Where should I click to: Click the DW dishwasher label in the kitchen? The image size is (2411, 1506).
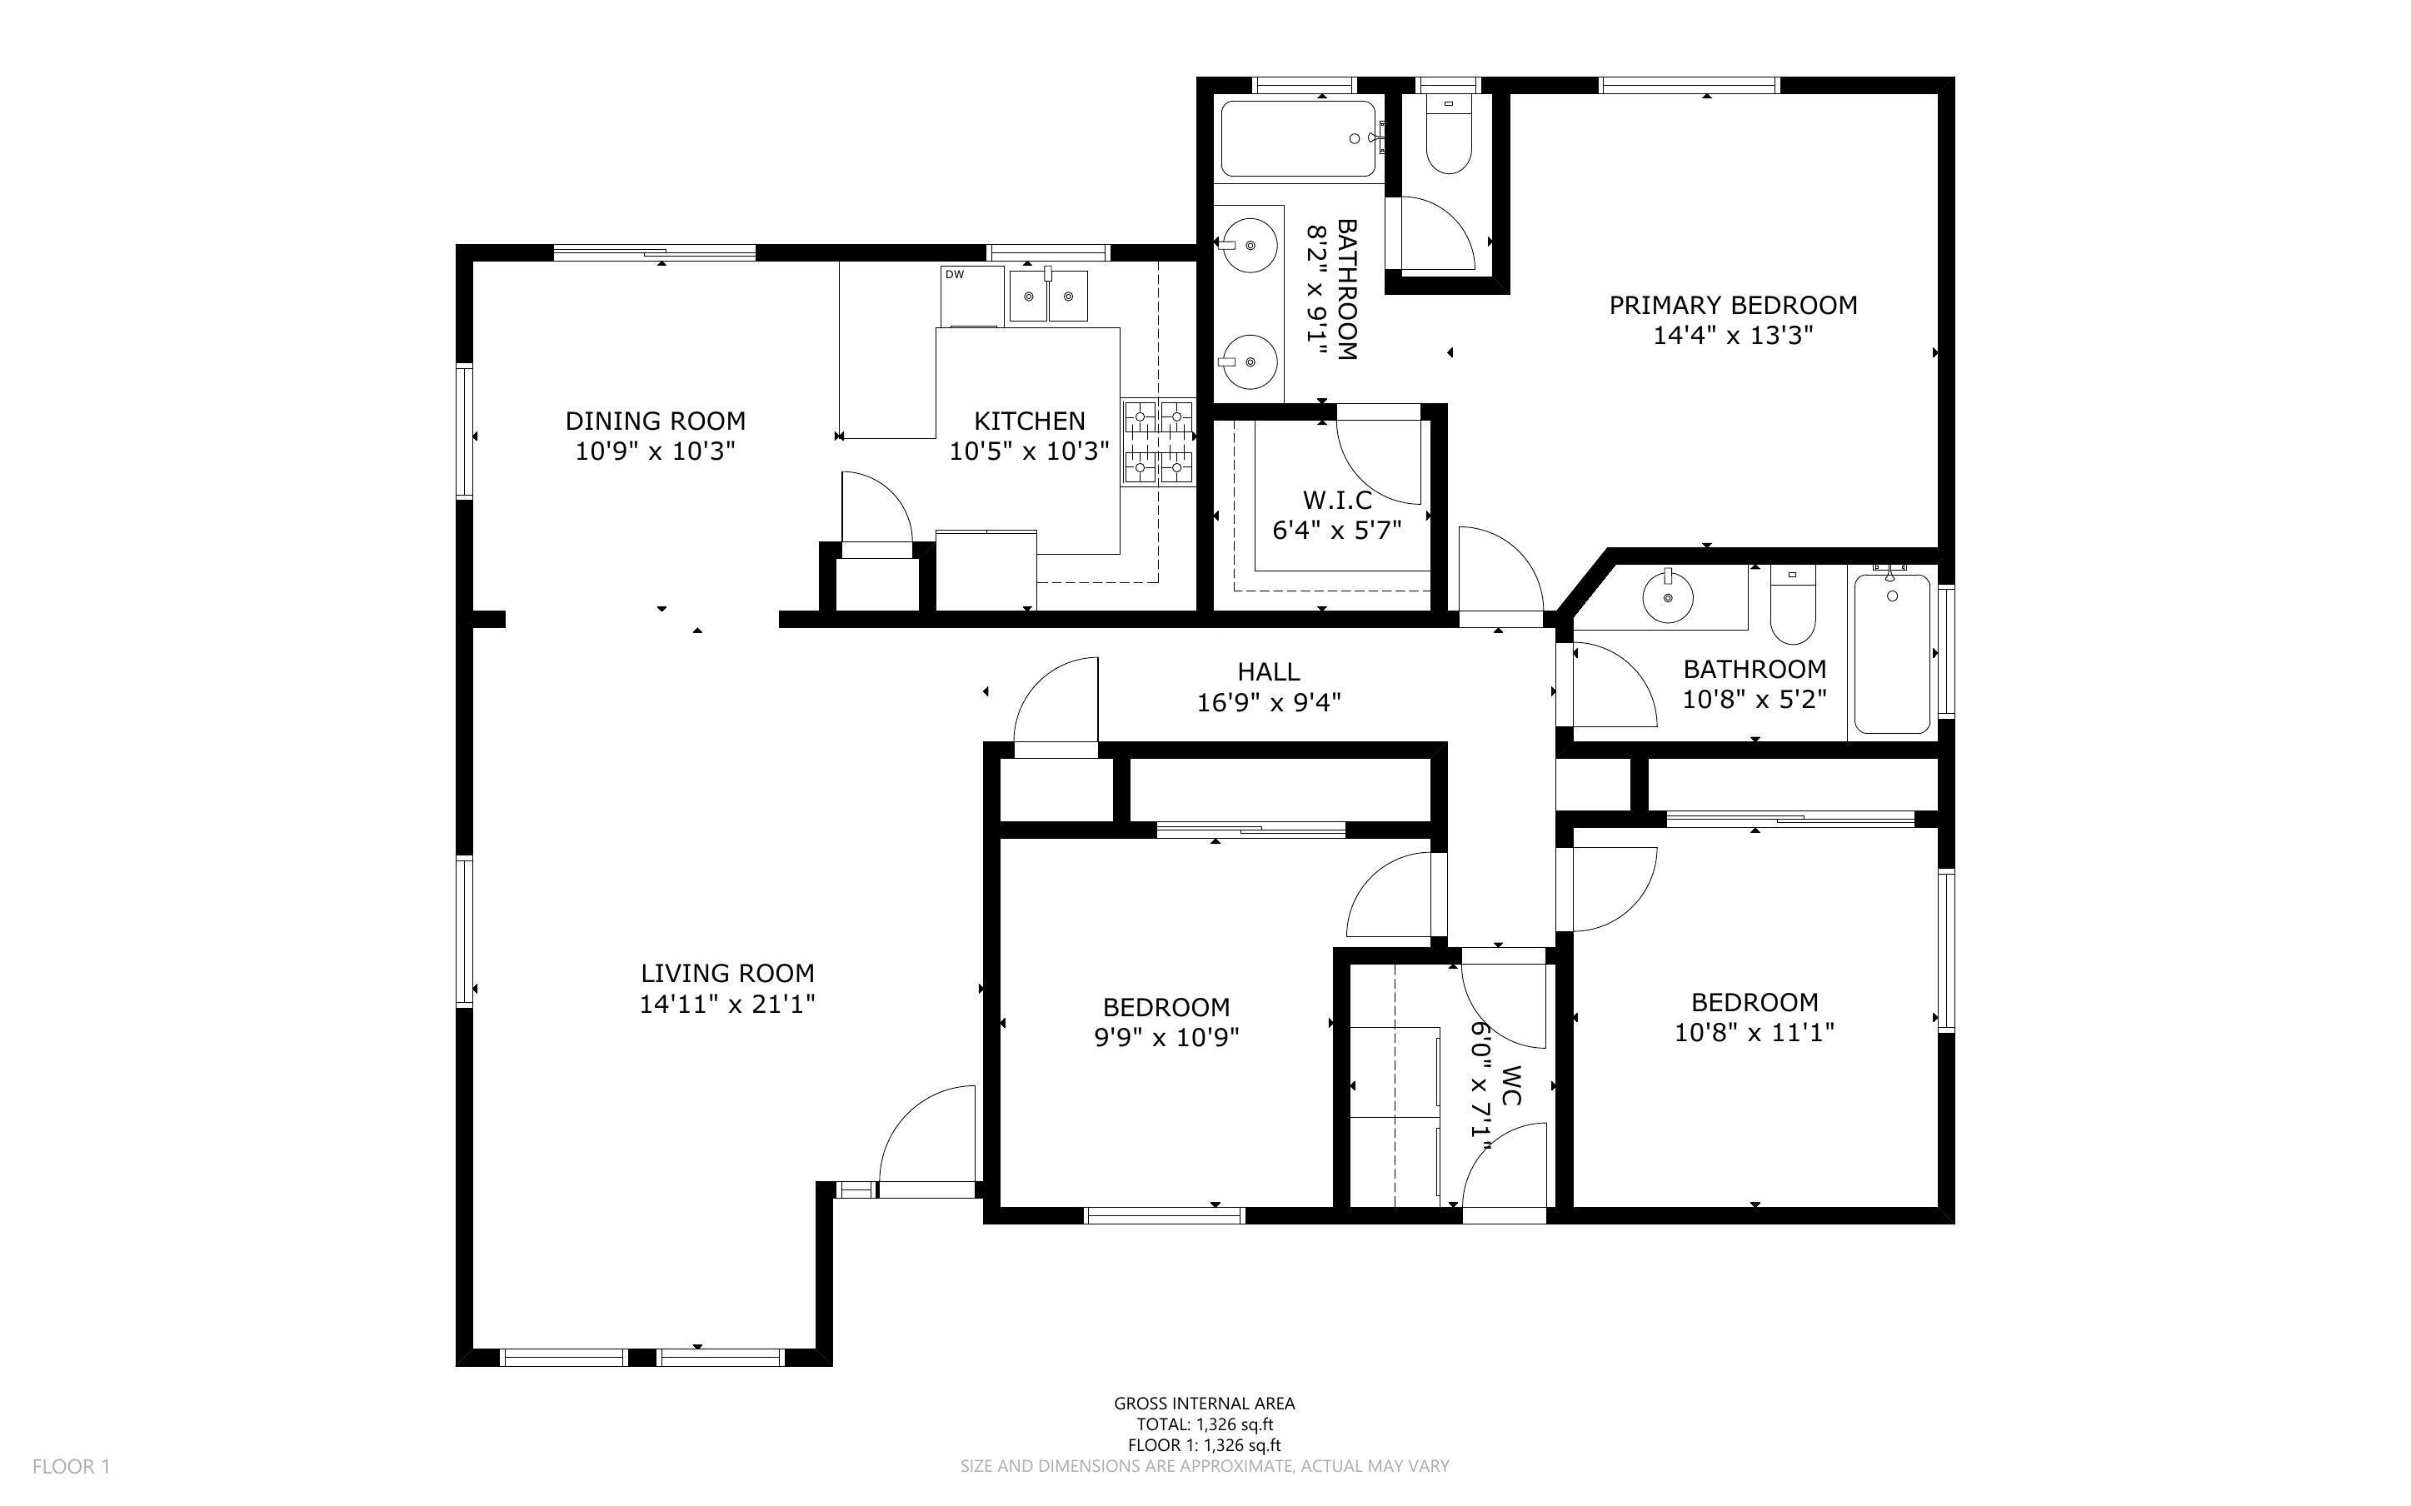pyautogui.click(x=954, y=274)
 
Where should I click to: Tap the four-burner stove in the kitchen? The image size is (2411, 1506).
pyautogui.click(x=1158, y=442)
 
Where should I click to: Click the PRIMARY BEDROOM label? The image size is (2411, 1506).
pyautogui.click(x=1733, y=305)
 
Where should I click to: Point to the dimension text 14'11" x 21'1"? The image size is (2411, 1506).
pyautogui.click(x=727, y=1004)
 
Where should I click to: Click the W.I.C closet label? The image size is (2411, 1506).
pyautogui.click(x=1336, y=499)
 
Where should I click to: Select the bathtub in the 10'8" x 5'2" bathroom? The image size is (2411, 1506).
pyautogui.click(x=1892, y=652)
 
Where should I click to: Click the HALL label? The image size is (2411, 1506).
pyautogui.click(x=1268, y=671)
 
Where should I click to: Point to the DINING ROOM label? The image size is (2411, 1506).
pyautogui.click(x=656, y=421)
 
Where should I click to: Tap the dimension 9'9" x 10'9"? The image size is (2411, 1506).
pyautogui.click(x=1166, y=1038)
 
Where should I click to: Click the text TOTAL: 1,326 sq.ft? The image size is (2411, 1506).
pyautogui.click(x=1204, y=1424)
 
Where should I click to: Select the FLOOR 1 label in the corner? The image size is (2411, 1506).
pyautogui.click(x=71, y=1466)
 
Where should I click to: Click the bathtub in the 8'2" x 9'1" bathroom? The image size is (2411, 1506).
pyautogui.click(x=1299, y=139)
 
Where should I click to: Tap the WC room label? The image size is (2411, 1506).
pyautogui.click(x=1510, y=1085)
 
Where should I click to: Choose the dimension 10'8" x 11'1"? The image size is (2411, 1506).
pyautogui.click(x=1754, y=1033)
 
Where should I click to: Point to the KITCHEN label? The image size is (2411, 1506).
pyautogui.click(x=1029, y=421)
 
